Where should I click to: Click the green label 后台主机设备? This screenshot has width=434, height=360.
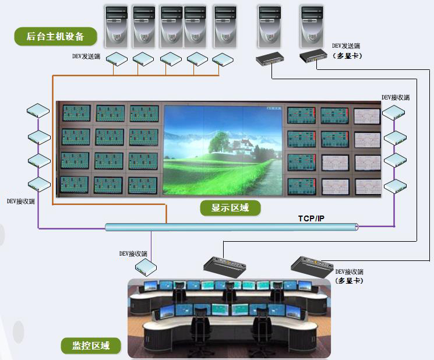[x=55, y=37]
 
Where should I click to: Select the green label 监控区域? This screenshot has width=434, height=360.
[x=93, y=346]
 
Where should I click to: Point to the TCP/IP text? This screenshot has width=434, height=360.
[x=312, y=218]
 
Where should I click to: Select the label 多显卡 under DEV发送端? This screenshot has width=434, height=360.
[x=347, y=55]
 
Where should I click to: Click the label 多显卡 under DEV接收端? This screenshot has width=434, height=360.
[x=350, y=280]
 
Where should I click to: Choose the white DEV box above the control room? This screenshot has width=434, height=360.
[x=145, y=267]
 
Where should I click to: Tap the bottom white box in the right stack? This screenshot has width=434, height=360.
[x=394, y=186]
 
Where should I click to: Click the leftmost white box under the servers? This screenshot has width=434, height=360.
[x=117, y=59]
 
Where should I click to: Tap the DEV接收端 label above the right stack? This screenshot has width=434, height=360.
[x=396, y=97]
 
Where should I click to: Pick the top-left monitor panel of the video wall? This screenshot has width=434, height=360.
[x=76, y=114]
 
